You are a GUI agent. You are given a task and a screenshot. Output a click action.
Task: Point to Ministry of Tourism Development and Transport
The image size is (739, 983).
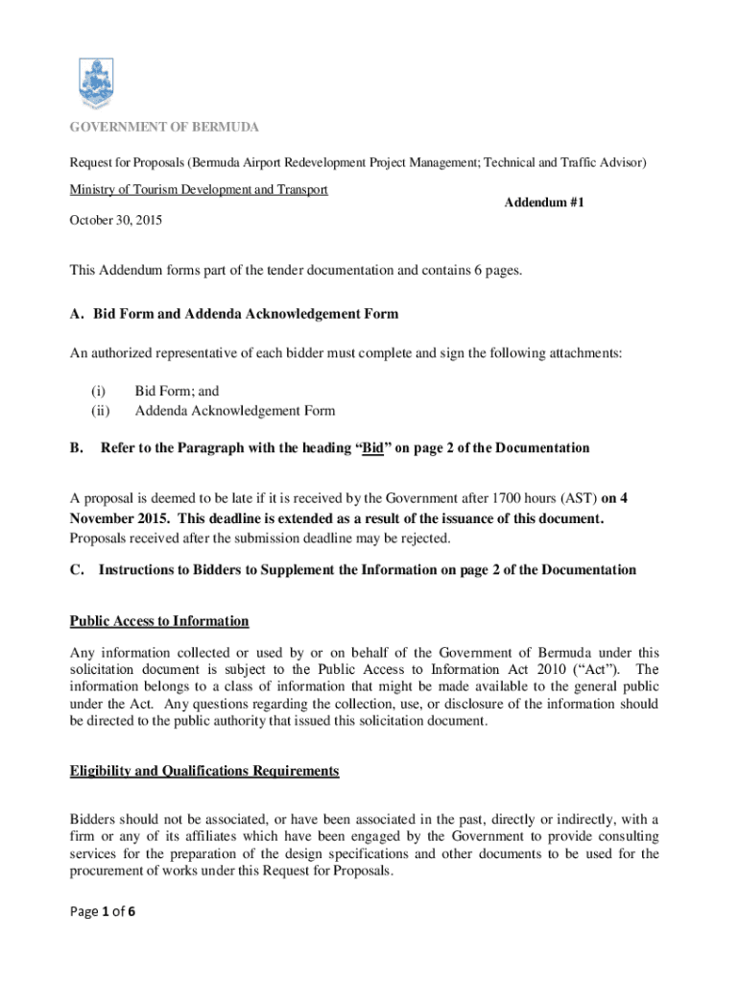199,189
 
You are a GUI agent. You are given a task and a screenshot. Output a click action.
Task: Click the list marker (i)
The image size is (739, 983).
98,392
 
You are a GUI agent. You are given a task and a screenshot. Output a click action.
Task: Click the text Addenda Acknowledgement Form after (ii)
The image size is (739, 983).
234,411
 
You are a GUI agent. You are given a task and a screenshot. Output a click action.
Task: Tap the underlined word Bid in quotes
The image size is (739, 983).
371,448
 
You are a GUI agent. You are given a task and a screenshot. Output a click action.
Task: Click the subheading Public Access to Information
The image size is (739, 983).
159,621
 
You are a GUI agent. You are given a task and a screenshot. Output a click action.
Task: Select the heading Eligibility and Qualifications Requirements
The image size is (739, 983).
203,771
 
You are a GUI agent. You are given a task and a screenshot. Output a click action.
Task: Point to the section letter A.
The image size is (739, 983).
76,314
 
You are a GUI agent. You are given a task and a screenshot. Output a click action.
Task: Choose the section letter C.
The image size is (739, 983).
75,570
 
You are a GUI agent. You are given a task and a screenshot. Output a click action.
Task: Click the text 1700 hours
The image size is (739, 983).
526,498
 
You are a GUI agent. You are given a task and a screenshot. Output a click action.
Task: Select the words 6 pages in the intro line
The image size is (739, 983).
495,271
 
